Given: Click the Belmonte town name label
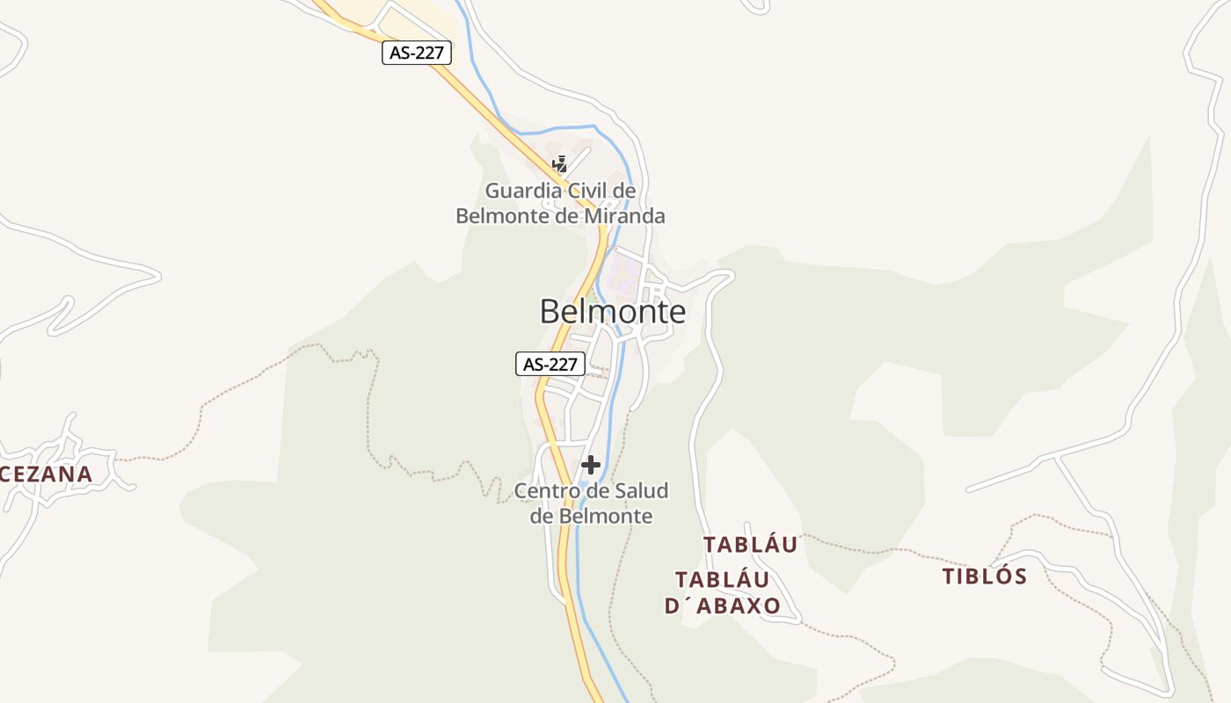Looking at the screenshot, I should click(612, 311).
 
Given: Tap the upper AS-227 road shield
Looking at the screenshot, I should click(417, 53).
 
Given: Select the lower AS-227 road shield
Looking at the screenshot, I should click(550, 364).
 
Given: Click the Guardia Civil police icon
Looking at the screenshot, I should click(559, 163).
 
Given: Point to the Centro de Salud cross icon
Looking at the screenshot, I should click(591, 465).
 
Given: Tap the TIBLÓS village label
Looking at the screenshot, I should click(985, 576).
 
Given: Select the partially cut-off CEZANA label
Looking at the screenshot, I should click(47, 475).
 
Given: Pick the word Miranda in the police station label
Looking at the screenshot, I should click(627, 215).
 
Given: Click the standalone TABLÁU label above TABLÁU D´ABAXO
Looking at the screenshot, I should click(751, 545).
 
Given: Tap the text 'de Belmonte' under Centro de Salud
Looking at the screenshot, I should click(591, 516).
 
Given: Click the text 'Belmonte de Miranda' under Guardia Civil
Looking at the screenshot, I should click(560, 215).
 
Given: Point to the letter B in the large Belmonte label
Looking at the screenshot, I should click(550, 311).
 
